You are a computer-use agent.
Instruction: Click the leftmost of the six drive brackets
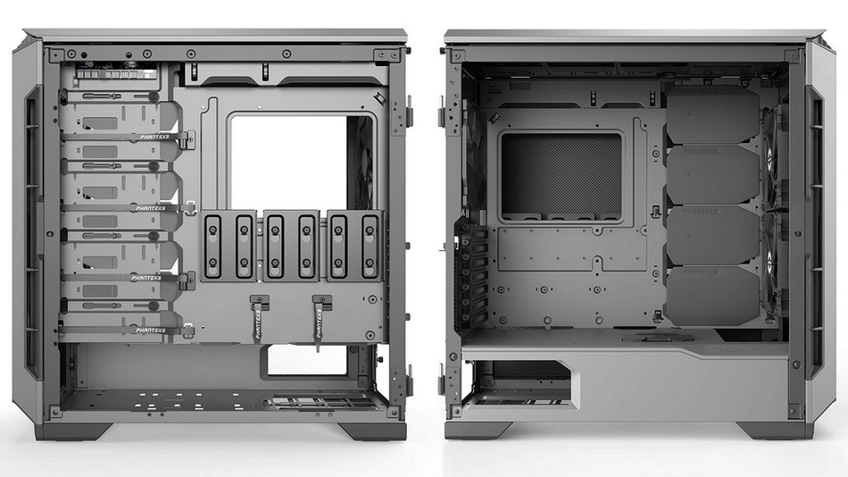click(214, 246)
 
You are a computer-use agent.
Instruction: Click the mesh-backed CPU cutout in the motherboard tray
click(561, 176)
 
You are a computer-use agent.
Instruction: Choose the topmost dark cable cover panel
click(712, 114)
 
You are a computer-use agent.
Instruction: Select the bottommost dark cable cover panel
click(712, 295)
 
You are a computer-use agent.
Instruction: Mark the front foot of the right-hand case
click(776, 430)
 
